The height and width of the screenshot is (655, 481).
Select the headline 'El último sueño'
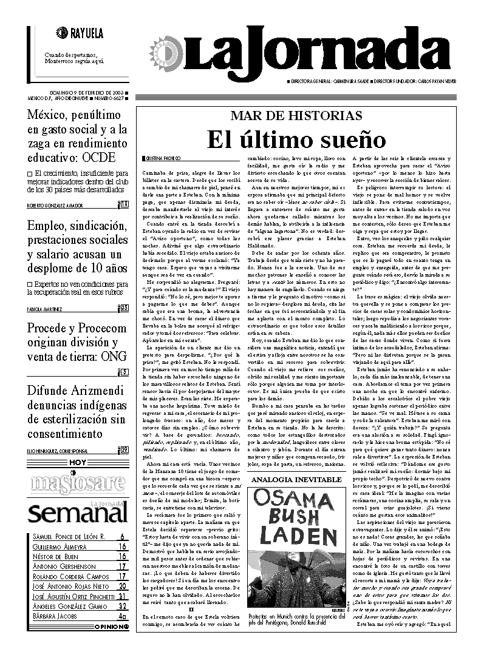pos(296,139)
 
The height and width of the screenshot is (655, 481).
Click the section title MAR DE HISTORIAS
pos(296,115)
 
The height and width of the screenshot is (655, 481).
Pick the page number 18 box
pos(124,204)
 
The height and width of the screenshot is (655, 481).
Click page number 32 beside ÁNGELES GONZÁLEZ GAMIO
pos(122,606)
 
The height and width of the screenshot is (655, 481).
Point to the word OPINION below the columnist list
pos(110,626)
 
